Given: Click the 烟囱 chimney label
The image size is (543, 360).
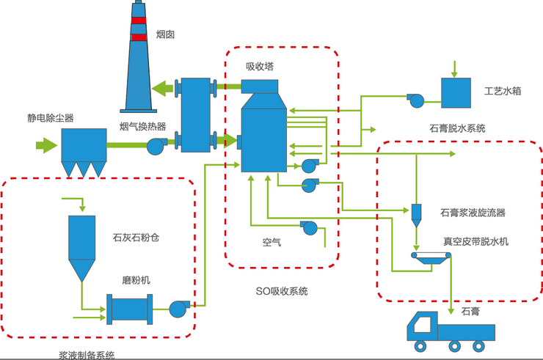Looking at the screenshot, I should [x=167, y=34].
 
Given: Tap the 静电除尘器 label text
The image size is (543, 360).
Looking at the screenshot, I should [x=51, y=117].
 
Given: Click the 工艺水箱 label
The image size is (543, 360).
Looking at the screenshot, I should [x=503, y=93].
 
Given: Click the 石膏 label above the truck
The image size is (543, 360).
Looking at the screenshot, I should [x=470, y=312].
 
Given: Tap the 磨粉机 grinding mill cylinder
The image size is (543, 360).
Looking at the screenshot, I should [x=129, y=309].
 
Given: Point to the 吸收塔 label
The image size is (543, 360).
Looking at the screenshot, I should [x=260, y=66].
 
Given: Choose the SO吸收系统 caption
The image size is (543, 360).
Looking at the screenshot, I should [x=282, y=291].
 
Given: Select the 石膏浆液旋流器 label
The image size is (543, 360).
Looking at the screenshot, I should [x=473, y=213].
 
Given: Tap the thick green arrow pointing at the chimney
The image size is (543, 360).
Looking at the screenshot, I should [x=164, y=89].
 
